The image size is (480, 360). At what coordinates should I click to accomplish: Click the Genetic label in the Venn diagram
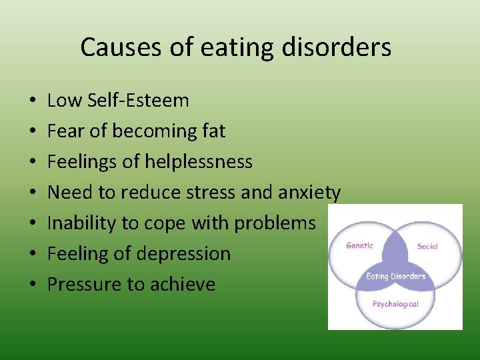(x=359, y=245)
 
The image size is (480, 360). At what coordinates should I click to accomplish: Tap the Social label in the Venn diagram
(x=427, y=246)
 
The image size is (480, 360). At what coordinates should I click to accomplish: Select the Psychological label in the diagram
(x=395, y=304)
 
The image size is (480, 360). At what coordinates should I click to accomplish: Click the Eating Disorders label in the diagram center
(x=395, y=277)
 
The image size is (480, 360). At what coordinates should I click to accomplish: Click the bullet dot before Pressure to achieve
(x=33, y=285)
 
